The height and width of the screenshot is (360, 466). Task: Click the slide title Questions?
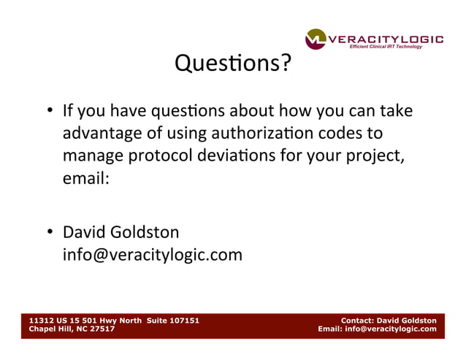point(232,66)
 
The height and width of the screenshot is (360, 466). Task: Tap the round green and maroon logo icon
point(316,39)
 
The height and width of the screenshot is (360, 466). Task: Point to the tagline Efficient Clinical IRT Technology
point(396,47)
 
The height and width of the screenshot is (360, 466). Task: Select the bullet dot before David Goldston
point(50,234)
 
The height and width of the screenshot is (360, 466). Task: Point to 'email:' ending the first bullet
point(85,178)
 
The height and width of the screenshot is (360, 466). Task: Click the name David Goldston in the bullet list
point(121,233)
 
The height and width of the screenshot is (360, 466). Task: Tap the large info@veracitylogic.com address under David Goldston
point(152,256)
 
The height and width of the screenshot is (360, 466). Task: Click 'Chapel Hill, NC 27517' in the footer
point(71,329)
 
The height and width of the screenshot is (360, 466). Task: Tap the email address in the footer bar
point(391,329)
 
